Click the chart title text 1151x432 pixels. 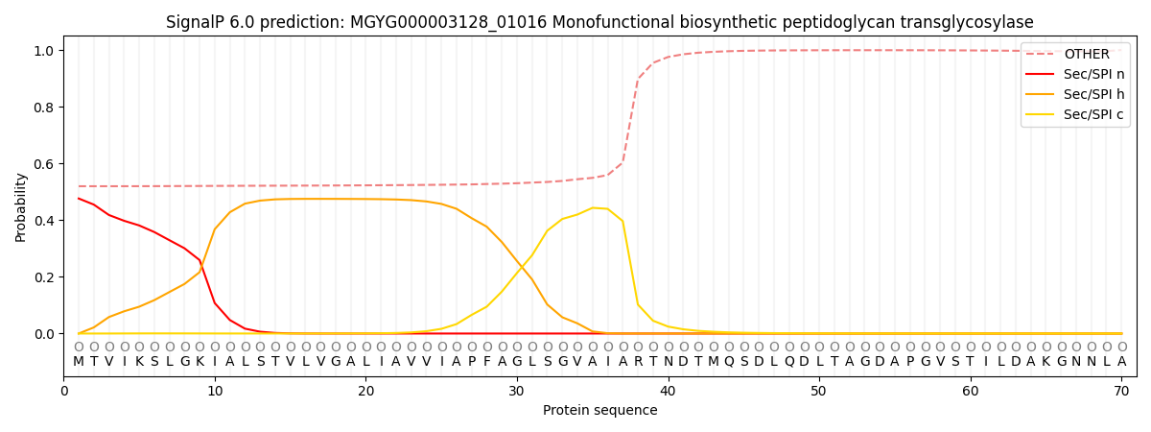pyautogui.click(x=599, y=22)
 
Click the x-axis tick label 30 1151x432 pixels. pyautogui.click(x=517, y=391)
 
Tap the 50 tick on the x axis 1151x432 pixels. pyautogui.click(x=818, y=391)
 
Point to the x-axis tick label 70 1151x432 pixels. pyautogui.click(x=1120, y=391)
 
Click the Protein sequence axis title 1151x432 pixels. pyautogui.click(x=599, y=411)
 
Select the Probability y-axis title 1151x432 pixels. pyautogui.click(x=21, y=207)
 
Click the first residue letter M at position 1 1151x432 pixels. pyautogui.click(x=79, y=362)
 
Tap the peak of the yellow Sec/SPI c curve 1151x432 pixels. pyautogui.click(x=593, y=207)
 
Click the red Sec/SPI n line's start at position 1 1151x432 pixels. pyautogui.click(x=79, y=199)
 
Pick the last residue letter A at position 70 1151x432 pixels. pyautogui.click(x=1121, y=362)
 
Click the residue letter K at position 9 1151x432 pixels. pyautogui.click(x=200, y=362)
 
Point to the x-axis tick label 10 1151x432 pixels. pyautogui.click(x=215, y=391)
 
